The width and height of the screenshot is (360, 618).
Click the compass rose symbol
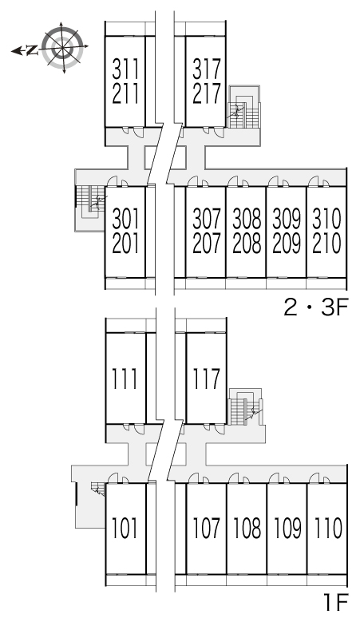click(62, 48)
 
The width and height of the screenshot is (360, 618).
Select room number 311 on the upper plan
click(125, 69)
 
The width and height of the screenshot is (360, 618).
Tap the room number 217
click(207, 93)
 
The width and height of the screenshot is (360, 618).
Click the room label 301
click(125, 219)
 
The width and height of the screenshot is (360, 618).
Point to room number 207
click(207, 244)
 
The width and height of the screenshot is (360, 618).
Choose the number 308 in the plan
click(247, 219)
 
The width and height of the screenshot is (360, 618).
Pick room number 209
click(287, 244)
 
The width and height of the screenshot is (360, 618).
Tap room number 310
click(327, 219)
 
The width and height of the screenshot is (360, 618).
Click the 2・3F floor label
click(315, 308)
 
